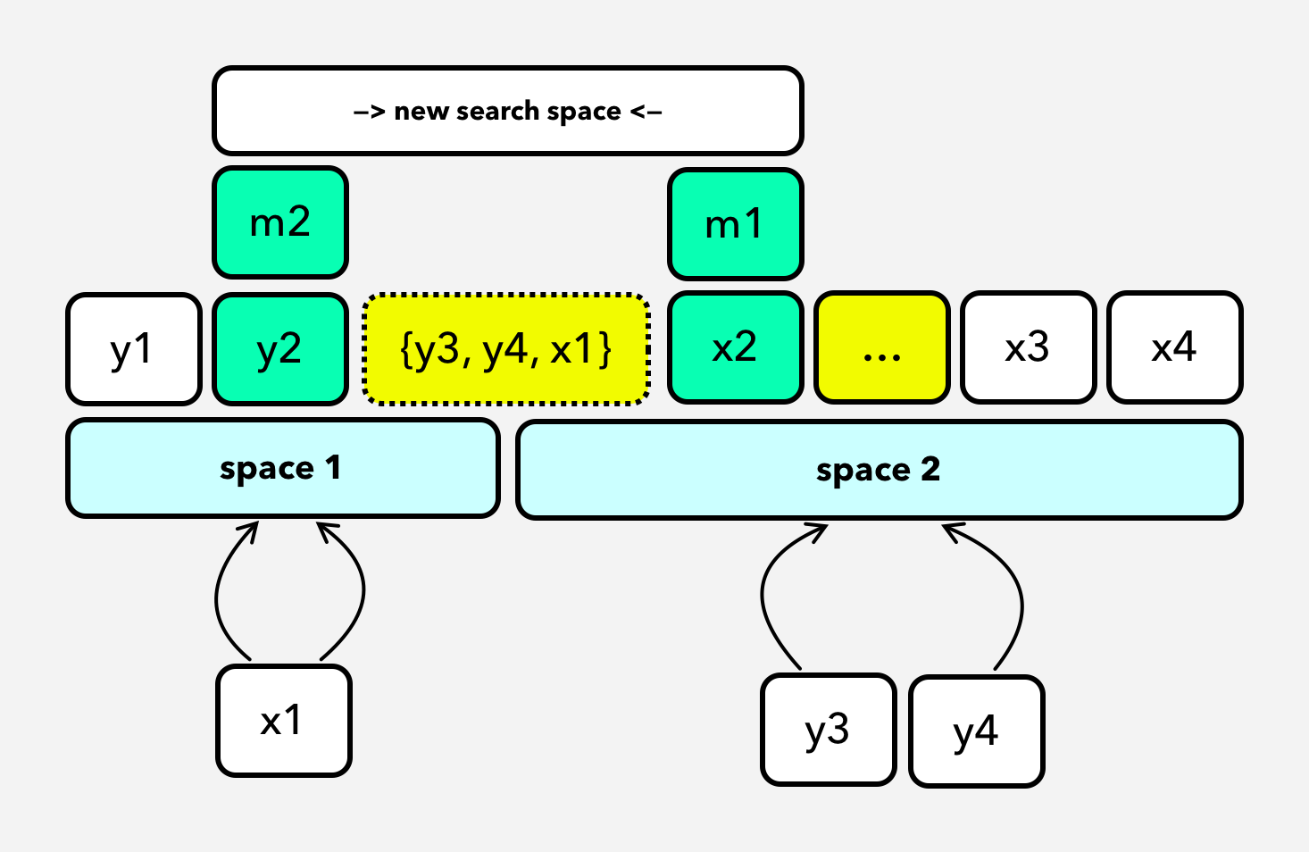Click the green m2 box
[280, 222]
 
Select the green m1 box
[736, 224]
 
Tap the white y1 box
[134, 349]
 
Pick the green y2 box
[280, 349]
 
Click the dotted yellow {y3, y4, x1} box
[506, 349]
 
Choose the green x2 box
[736, 347]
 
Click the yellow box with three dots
[882, 347]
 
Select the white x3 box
[1028, 347]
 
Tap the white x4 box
[1174, 347]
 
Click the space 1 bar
[282, 468]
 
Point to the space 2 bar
[879, 470]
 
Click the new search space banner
[507, 111]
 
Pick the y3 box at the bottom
[828, 730]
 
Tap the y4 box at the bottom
[976, 731]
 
